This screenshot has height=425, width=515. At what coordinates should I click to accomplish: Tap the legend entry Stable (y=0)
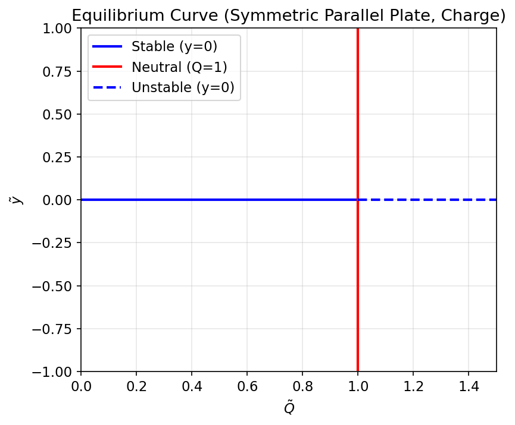174,46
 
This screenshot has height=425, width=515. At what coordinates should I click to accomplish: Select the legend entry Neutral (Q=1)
179,67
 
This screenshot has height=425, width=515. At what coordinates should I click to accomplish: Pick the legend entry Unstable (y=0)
183,88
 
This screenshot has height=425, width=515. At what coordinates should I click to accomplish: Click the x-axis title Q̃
288,408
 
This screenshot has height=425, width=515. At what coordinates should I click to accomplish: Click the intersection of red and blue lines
357,200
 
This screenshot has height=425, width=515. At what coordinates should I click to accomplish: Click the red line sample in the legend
107,67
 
